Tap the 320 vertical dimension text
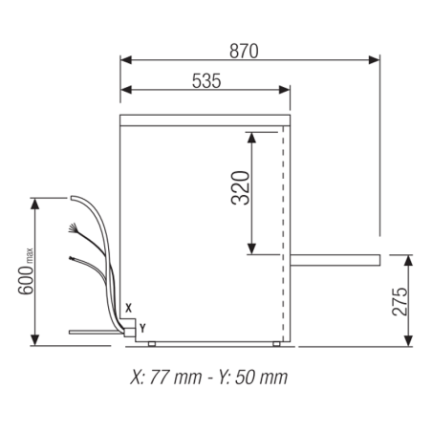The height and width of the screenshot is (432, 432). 239,190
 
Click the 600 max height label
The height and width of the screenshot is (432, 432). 26,270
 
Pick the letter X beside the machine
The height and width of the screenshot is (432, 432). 128,307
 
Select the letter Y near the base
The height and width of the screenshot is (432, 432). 142,327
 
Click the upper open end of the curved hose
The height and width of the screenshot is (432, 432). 71,198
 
